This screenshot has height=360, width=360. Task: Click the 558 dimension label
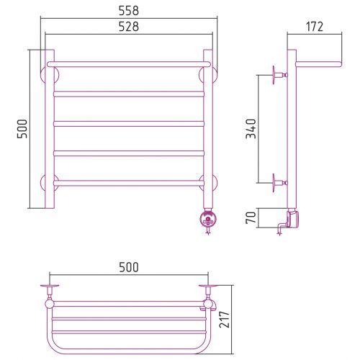[129, 11]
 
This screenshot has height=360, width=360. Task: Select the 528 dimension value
[129, 27]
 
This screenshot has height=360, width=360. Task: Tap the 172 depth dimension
[315, 27]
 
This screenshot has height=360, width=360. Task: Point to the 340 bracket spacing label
[251, 129]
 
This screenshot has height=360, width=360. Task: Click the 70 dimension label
[251, 217]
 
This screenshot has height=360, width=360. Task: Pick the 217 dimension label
[225, 320]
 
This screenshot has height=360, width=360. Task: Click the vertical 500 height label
[22, 129]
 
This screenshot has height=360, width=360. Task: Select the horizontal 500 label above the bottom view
[129, 267]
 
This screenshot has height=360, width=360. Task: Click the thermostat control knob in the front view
[208, 218]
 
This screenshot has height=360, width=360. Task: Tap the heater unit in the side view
[292, 218]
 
